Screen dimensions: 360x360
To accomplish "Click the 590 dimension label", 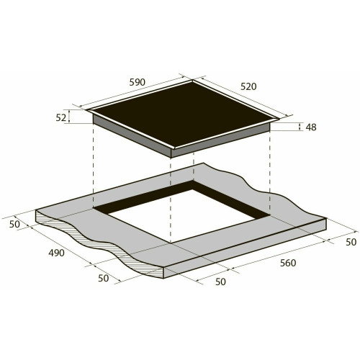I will [x=138, y=82].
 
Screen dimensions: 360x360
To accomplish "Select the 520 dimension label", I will [x=248, y=86].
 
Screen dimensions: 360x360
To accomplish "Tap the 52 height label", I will [x=60, y=117].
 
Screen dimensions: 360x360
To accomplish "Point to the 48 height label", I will [x=311, y=127].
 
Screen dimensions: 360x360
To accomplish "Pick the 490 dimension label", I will [x=56, y=253].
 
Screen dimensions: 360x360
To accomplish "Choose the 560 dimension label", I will [x=287, y=263].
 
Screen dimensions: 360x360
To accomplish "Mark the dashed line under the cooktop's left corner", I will [x=94, y=166].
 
